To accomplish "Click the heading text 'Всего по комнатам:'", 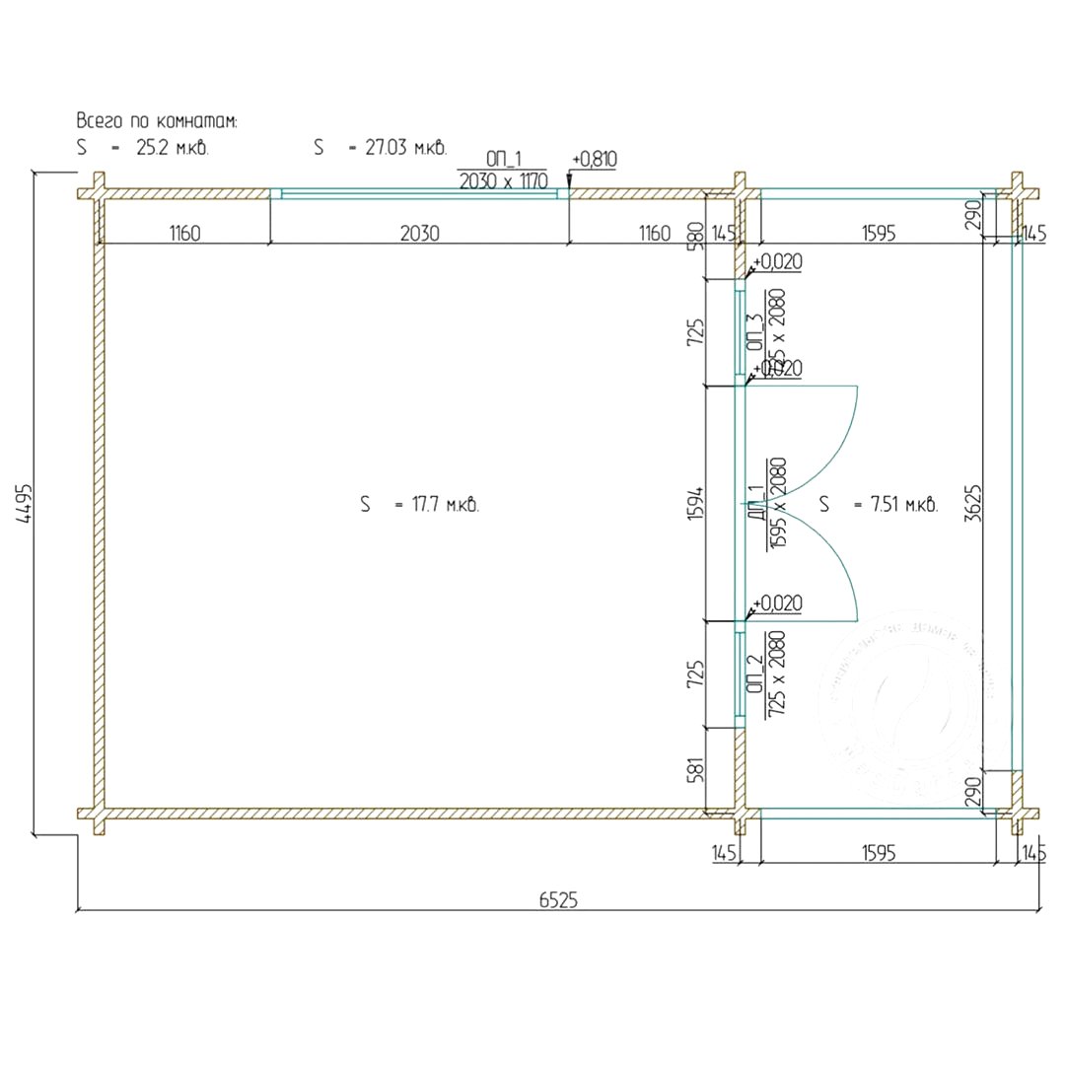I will pos(158,120).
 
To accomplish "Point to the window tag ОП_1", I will pos(503,160).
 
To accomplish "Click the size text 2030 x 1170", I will pos(503,181).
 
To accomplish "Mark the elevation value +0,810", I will pos(594,160).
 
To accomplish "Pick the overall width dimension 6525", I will pos(558,899).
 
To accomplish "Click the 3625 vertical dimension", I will pos(972,505).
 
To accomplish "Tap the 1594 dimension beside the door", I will pos(695,505).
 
